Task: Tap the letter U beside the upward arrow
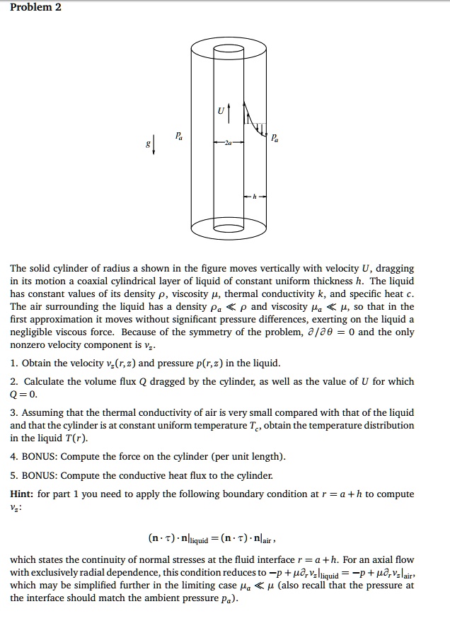coord(220,111)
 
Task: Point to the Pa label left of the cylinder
coord(179,134)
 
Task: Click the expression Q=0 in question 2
coord(23,394)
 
